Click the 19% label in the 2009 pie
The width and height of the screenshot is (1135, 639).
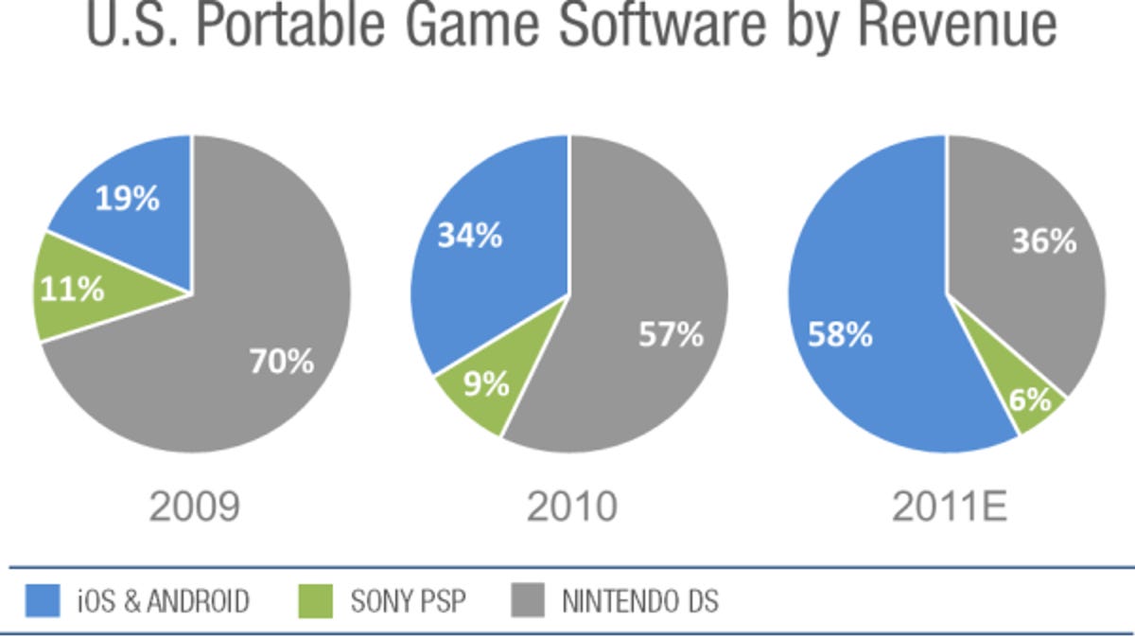[127, 200]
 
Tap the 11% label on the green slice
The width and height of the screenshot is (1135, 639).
[72, 289]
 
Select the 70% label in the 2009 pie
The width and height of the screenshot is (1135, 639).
[281, 361]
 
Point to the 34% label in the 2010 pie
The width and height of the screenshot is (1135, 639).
[469, 235]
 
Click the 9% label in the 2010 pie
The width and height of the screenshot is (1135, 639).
[486, 383]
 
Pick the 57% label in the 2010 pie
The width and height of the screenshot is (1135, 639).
[671, 334]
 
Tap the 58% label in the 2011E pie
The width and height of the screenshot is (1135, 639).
[840, 334]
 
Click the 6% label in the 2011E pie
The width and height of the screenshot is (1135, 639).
[1029, 399]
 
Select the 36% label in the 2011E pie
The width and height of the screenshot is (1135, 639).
[1044, 241]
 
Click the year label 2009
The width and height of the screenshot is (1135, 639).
[194, 506]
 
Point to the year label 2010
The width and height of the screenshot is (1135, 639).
[571, 506]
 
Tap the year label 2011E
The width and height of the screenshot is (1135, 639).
[950, 506]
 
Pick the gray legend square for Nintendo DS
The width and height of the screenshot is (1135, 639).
[528, 600]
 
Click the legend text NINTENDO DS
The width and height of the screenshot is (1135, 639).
[640, 600]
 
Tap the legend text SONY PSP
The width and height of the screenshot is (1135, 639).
[409, 600]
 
